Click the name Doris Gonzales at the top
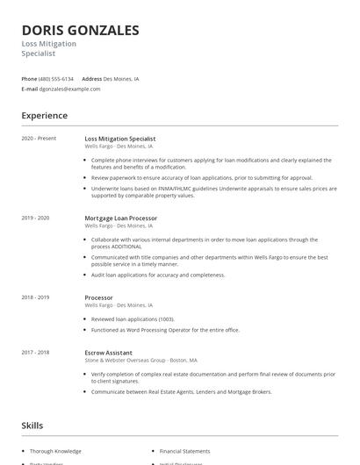80,31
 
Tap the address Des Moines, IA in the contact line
121,79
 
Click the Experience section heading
44,115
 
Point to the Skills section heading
32,426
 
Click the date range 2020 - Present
39,139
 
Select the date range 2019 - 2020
35,218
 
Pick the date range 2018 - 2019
35,297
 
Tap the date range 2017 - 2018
35,352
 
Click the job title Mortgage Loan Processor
120,218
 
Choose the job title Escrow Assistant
109,352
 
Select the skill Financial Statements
184,451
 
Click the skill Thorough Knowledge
55,451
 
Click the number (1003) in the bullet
165,318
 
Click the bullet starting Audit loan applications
158,275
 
